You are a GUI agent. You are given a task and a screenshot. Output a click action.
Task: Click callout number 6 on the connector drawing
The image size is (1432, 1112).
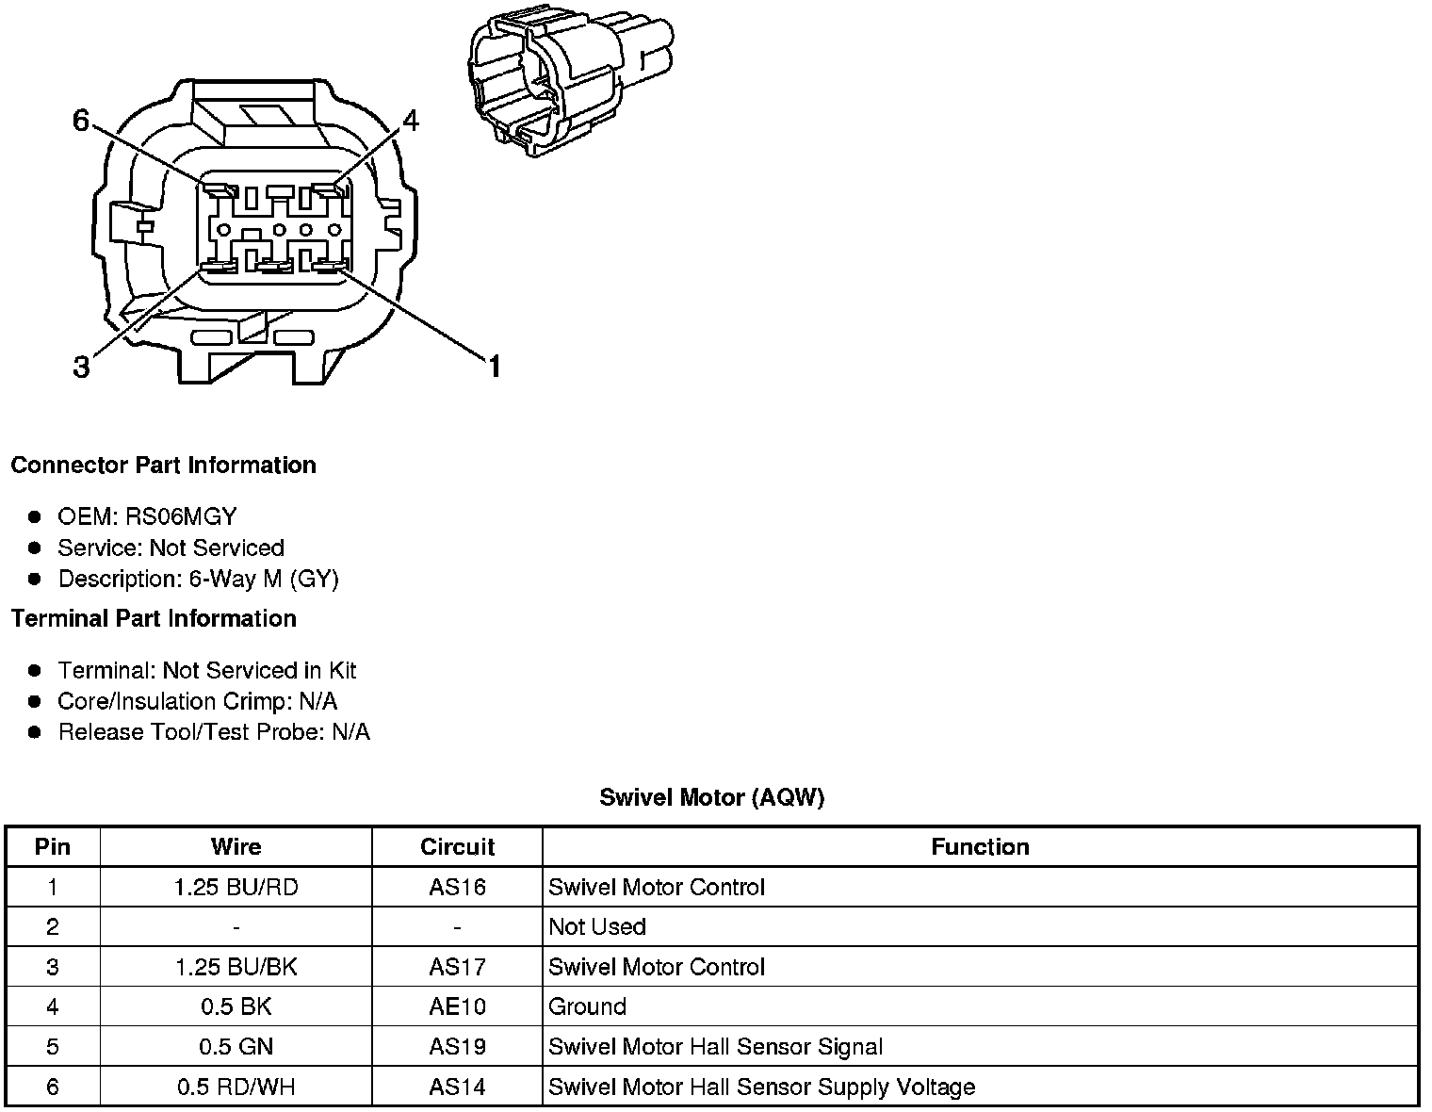81,121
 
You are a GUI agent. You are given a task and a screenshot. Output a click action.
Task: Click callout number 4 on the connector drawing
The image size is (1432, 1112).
410,121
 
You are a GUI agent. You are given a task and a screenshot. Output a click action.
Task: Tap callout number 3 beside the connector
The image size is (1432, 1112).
82,367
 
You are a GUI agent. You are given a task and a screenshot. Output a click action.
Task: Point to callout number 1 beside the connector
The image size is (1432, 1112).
493,367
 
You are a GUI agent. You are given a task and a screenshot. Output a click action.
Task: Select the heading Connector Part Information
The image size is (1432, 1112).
164,466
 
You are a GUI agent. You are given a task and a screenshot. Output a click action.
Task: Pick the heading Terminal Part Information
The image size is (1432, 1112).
154,619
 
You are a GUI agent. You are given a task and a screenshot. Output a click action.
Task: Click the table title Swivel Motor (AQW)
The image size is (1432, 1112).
712,798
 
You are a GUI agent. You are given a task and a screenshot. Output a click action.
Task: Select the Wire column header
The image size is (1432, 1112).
236,847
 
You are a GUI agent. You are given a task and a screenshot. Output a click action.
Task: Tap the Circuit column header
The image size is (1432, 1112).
458,847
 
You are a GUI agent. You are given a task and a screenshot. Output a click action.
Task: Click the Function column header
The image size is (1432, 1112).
980,847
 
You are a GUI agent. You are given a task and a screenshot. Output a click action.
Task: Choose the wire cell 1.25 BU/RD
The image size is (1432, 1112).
236,888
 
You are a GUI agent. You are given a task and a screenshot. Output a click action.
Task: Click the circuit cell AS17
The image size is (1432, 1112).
458,968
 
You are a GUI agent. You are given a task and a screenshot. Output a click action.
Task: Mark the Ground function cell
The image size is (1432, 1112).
588,1007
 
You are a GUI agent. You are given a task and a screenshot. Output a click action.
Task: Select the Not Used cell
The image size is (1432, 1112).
597,927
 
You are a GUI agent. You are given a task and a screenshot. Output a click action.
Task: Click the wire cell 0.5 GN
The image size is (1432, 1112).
236,1047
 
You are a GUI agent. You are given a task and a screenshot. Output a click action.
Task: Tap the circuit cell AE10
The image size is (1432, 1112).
458,1007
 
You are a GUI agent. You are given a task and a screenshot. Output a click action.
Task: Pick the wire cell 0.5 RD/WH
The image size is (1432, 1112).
236,1087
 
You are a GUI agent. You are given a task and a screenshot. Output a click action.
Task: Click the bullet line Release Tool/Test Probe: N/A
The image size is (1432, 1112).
214,732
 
